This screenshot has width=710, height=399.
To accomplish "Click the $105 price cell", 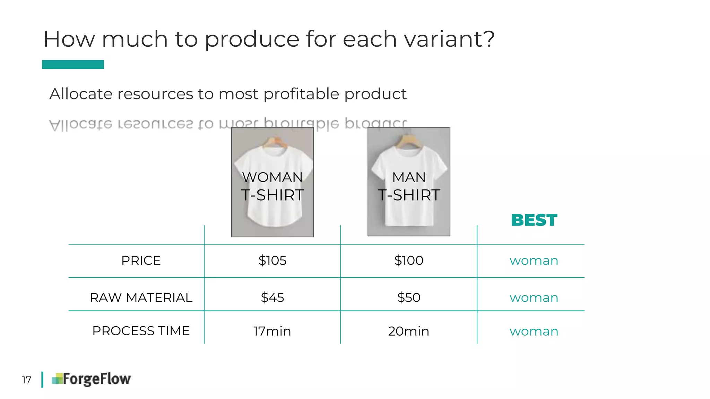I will [x=272, y=260].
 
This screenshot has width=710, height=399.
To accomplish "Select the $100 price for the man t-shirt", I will [x=409, y=260].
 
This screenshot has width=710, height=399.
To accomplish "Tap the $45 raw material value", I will [x=272, y=298].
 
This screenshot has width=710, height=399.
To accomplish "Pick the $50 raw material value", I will [x=409, y=298].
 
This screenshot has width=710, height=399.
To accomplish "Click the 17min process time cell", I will [x=272, y=331].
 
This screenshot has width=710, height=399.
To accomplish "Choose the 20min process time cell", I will [x=409, y=331].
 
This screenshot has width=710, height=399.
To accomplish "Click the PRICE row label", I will [x=141, y=260].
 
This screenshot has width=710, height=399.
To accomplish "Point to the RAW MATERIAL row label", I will [x=141, y=298].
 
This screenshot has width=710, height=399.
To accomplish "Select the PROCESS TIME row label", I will [x=141, y=331].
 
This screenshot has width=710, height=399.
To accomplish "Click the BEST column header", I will [x=534, y=220].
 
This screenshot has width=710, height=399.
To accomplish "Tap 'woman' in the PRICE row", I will [x=534, y=260].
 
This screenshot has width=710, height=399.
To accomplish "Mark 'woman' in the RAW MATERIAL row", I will [x=534, y=298].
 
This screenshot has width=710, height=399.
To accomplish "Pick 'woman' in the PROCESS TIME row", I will [x=534, y=331].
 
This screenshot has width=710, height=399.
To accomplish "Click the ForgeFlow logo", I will [x=92, y=379].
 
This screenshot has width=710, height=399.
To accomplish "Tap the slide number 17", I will [x=27, y=380].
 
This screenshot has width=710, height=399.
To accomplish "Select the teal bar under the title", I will [x=73, y=64].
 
